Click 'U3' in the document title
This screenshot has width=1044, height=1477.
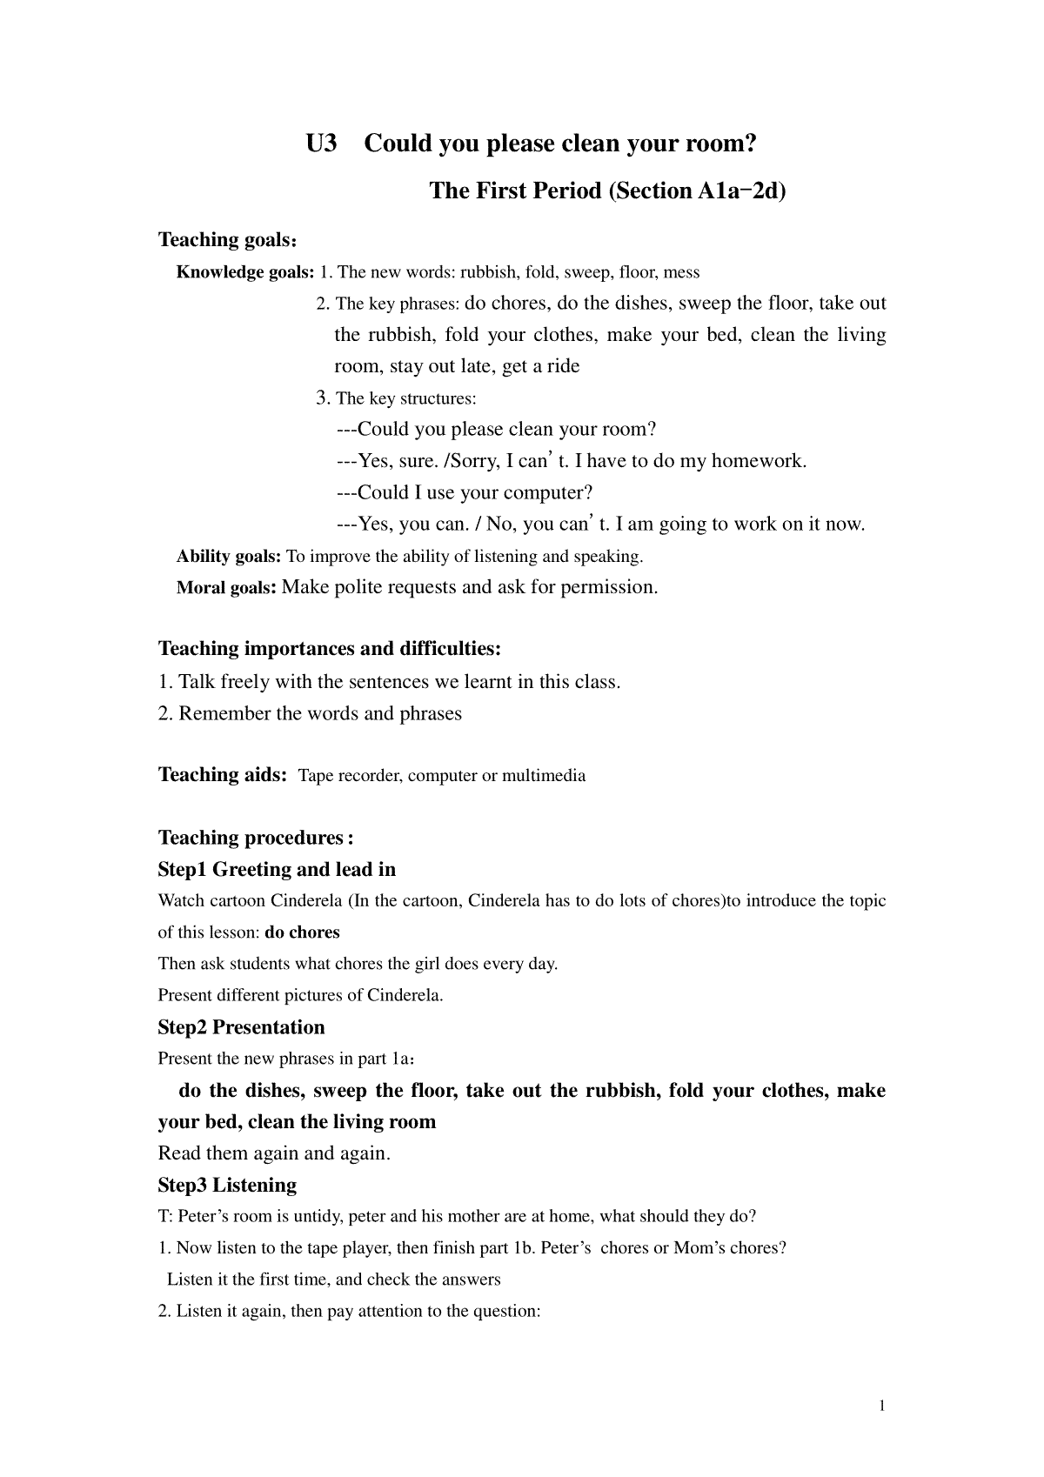(x=321, y=144)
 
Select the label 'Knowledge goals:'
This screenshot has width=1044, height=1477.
(x=245, y=272)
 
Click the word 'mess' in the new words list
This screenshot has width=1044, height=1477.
(x=681, y=272)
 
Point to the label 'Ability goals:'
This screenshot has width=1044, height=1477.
(x=229, y=556)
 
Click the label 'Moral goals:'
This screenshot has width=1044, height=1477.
(x=226, y=587)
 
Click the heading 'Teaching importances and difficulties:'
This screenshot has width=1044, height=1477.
(x=330, y=649)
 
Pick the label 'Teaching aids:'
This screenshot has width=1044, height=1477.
(x=223, y=775)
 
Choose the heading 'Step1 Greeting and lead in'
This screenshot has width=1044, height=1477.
(x=277, y=869)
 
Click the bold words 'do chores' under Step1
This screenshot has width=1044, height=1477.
(x=302, y=932)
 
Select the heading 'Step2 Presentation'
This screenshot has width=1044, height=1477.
(x=241, y=1027)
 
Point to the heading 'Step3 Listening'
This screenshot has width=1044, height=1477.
(x=227, y=1185)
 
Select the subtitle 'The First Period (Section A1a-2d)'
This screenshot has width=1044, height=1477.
(x=606, y=190)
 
